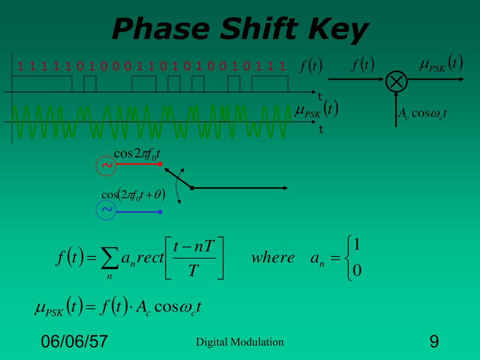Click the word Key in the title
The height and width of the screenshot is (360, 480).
pos(338,30)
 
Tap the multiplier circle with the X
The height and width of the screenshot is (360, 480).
pos(396,82)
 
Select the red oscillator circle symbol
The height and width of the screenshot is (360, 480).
pos(106,165)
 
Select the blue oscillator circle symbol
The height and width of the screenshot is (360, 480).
pos(106,210)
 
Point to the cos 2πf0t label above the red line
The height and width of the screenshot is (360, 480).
pos(137,153)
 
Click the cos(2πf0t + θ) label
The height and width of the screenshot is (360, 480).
pos(133,195)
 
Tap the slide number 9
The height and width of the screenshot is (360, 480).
pos(434,341)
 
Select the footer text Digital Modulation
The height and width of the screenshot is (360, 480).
pos(240,342)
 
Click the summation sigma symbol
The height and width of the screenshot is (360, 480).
pos(110,259)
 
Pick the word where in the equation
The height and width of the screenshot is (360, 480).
pos(273,257)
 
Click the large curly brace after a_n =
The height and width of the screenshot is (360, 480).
pos(347,258)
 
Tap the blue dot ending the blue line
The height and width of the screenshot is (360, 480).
pos(160,212)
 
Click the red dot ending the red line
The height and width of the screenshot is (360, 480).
pos(160,164)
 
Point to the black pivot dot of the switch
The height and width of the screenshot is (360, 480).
pos(192,188)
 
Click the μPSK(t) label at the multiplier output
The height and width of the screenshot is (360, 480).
pos(441,63)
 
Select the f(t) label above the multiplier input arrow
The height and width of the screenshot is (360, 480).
pos(362,64)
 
